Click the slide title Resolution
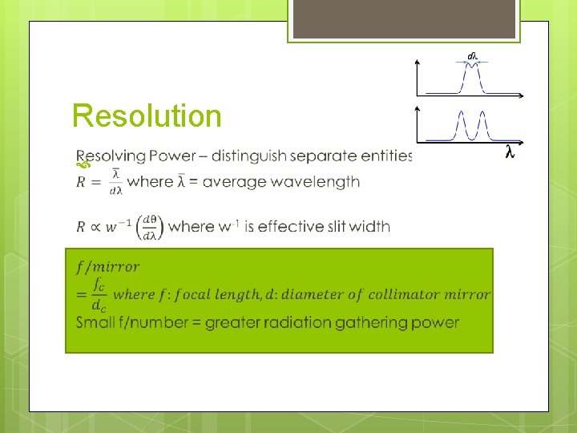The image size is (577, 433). pos(147,116)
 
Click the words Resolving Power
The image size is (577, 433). pos(129,156)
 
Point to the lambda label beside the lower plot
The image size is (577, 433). pos(509,152)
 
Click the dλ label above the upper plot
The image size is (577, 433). pos(473,56)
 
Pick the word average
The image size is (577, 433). pos(236,182)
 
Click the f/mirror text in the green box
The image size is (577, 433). pos(107,267)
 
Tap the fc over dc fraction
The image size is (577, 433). pos(99,294)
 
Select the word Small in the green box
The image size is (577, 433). pos(95,322)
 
